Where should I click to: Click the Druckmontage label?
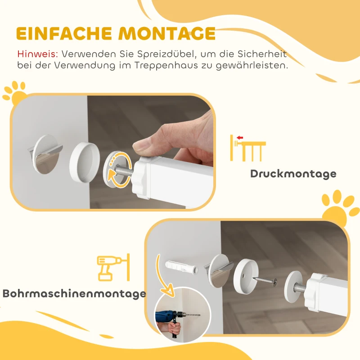pyautogui.click(x=293, y=173)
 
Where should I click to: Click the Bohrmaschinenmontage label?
pyautogui.click(x=74, y=294)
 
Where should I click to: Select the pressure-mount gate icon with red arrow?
pyautogui.click(x=247, y=147)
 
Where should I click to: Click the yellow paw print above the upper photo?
pyautogui.click(x=14, y=92)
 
